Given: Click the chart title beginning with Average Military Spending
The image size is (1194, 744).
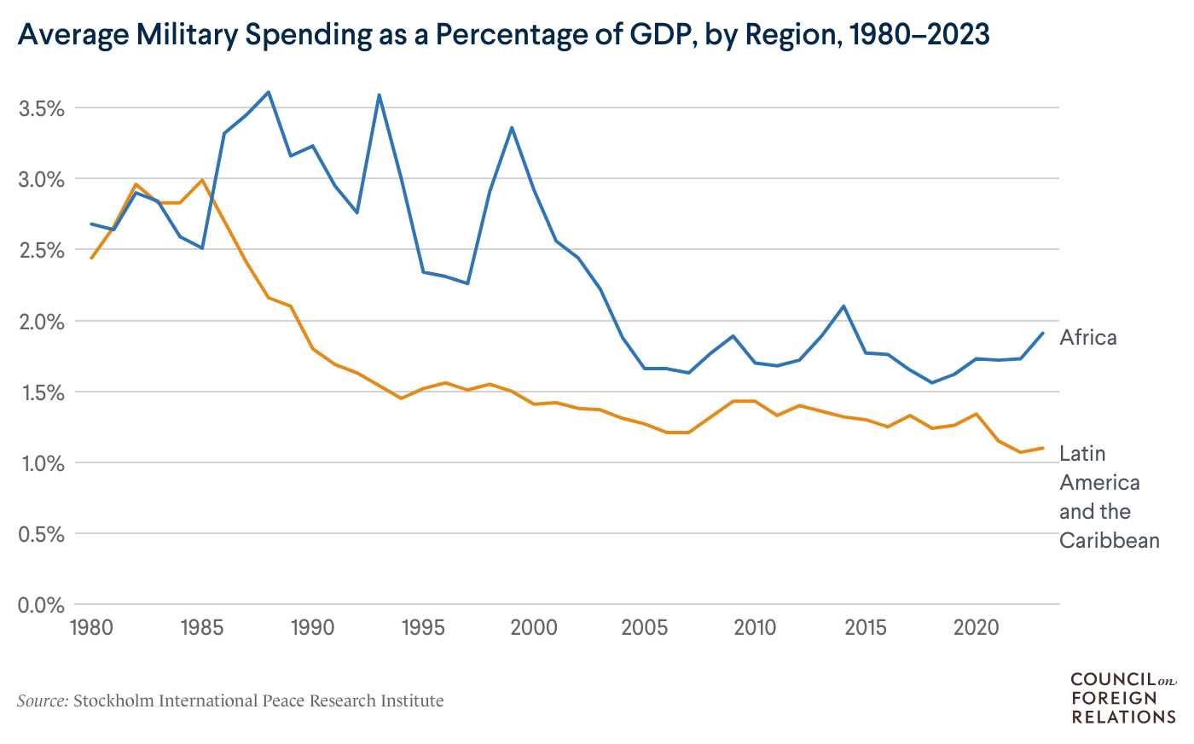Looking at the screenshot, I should (x=503, y=35).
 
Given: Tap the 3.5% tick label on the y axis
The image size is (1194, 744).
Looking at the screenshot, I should (x=41, y=108).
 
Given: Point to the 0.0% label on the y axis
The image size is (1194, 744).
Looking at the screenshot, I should (x=41, y=605).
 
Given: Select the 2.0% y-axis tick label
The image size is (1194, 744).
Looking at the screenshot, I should (x=41, y=322).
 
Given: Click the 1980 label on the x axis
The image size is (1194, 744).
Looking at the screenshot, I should (x=91, y=629).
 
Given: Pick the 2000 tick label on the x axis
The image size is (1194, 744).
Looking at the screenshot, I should (x=534, y=629).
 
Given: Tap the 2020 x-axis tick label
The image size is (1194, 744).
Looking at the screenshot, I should (x=976, y=629).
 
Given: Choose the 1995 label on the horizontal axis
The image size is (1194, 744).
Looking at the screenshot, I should (x=423, y=629).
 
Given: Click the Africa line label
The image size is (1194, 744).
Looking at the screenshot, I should (x=1087, y=338).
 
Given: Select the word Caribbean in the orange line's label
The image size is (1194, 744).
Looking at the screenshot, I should (x=1109, y=541).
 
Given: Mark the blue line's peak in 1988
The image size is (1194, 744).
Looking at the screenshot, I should (x=269, y=92).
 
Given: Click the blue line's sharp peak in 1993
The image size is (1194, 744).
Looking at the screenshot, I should (x=379, y=95).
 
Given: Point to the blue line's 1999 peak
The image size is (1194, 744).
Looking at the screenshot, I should (x=512, y=128).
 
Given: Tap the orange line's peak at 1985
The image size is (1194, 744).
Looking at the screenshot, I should (x=202, y=180).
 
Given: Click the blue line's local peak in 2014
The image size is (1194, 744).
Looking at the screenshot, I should (x=843, y=306).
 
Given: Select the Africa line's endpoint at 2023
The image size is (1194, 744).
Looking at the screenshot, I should (x=1042, y=334).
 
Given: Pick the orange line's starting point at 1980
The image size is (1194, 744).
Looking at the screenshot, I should (x=91, y=258).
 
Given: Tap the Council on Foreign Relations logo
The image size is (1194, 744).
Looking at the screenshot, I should (x=1122, y=698).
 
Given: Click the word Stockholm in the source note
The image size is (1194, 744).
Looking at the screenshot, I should (x=113, y=701).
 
